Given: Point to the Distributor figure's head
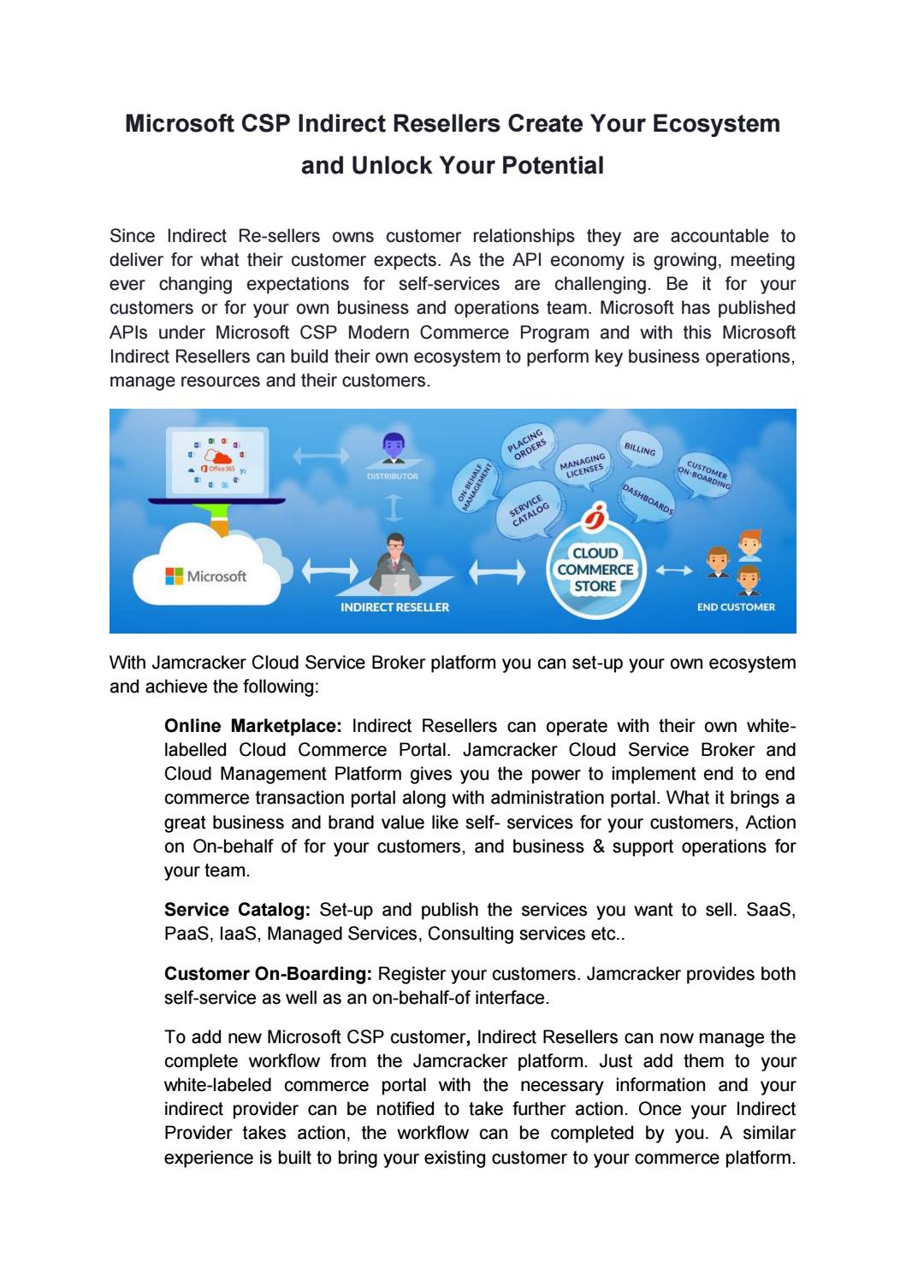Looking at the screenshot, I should (392, 445).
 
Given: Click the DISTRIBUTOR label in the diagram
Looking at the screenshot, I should (393, 475).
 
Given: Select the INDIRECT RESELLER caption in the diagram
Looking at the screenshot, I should (394, 607).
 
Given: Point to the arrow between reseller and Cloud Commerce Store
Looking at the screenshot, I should (496, 570).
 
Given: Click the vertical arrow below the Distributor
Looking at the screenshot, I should (393, 510).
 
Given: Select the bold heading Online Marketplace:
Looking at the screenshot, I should (252, 726).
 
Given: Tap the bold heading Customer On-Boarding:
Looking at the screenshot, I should (268, 974).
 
